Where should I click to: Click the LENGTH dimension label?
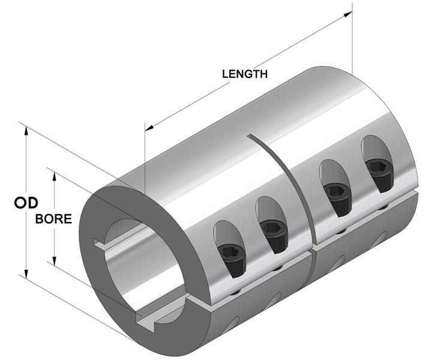(245, 74)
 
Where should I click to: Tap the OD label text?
(26, 203)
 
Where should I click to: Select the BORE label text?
(54, 218)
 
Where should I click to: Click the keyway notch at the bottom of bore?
(146, 325)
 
